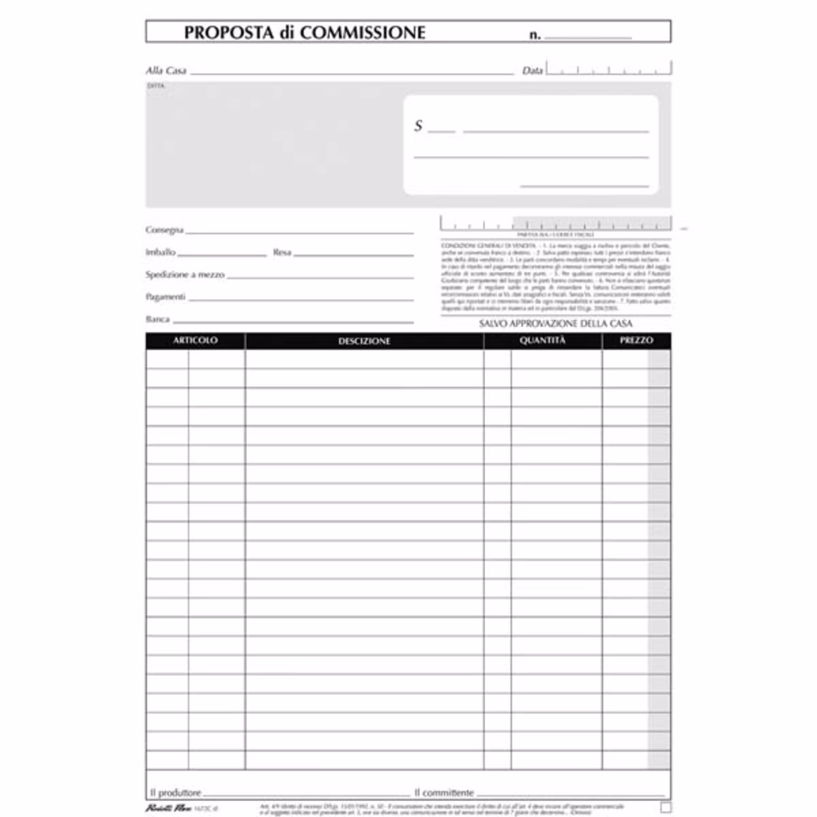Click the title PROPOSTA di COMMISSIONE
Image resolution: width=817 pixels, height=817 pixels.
pyautogui.click(x=304, y=33)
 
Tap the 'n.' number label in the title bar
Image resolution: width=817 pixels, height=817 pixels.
pyautogui.click(x=535, y=35)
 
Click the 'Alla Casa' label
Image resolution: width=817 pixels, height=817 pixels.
pyautogui.click(x=166, y=71)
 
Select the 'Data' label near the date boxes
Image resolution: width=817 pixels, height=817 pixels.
pyautogui.click(x=532, y=71)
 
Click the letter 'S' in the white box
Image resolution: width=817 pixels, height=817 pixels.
pyautogui.click(x=419, y=126)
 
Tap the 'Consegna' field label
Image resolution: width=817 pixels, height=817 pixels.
pyautogui.click(x=164, y=230)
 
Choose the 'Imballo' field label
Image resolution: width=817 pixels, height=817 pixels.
pyautogui.click(x=160, y=252)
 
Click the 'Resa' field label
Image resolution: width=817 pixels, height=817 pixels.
pyautogui.click(x=282, y=252)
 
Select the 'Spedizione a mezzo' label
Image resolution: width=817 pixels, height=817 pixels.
pyautogui.click(x=185, y=274)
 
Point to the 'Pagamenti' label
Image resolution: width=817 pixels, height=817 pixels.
pyautogui.click(x=165, y=297)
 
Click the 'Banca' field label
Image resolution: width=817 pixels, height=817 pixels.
pyautogui.click(x=157, y=319)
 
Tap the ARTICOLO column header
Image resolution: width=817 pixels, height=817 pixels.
pyautogui.click(x=195, y=341)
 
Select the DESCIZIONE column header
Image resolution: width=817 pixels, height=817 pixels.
pyautogui.click(x=364, y=341)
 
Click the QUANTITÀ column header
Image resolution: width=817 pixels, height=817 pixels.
pyautogui.click(x=543, y=341)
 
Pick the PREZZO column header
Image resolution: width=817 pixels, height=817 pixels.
pyautogui.click(x=636, y=341)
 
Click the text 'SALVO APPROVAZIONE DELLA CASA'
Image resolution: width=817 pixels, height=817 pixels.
pyautogui.click(x=555, y=324)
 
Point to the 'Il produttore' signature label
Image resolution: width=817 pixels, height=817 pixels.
pyautogui.click(x=175, y=792)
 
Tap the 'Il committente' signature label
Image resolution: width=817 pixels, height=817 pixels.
pyautogui.click(x=444, y=792)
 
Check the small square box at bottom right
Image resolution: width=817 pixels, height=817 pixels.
pyautogui.click(x=665, y=807)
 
